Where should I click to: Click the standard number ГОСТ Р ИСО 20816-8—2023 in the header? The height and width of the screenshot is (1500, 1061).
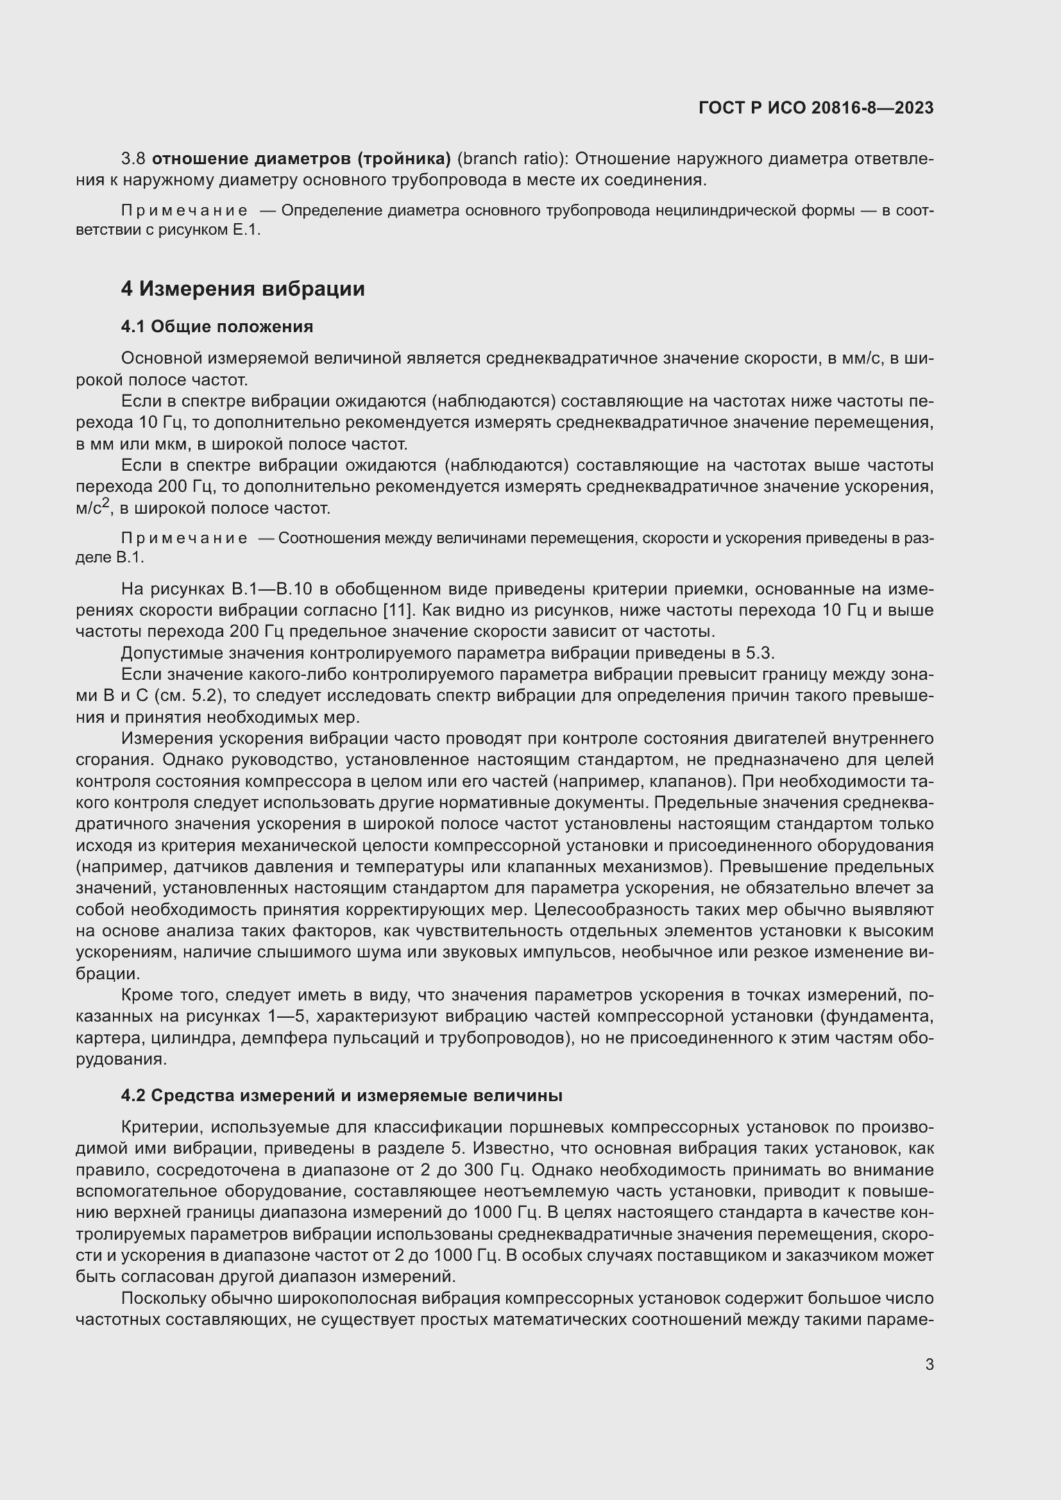(815, 108)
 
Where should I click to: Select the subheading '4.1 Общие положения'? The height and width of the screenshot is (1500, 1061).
(217, 326)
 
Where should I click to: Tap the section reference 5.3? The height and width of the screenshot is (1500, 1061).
(760, 653)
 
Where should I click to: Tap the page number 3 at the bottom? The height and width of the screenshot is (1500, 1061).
(929, 1365)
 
